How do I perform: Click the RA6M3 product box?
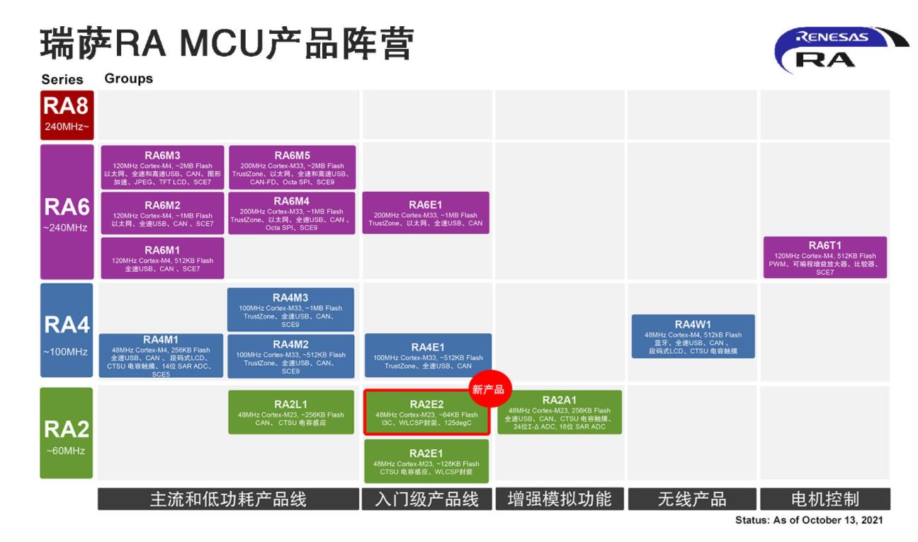[162, 167]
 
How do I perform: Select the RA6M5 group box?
[292, 167]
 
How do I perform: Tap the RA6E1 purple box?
[425, 212]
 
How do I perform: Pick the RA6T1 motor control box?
[824, 258]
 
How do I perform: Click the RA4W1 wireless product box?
[693, 336]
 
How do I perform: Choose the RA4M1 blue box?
[161, 356]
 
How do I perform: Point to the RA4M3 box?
[290, 309]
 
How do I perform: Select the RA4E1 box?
[428, 356]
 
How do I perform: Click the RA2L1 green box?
[290, 412]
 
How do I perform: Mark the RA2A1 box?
[559, 412]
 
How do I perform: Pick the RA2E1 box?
[426, 461]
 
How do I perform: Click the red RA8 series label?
[67, 115]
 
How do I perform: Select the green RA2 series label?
[67, 432]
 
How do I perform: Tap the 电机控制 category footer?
[824, 499]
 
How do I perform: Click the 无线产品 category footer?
[692, 499]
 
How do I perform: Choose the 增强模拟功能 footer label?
[559, 499]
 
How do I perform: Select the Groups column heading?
[128, 79]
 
